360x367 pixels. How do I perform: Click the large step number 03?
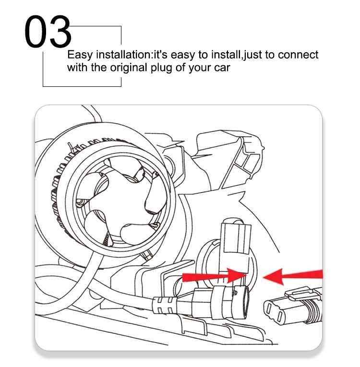pos(48,31)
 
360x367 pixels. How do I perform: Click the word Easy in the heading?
pos(80,55)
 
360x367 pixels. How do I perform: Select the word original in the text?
pos(129,68)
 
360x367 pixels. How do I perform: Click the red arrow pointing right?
pos(214,276)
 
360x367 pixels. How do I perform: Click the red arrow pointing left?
pos(293,277)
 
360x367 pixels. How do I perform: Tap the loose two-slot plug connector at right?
pos(293,307)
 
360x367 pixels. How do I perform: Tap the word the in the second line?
pos(99,68)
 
